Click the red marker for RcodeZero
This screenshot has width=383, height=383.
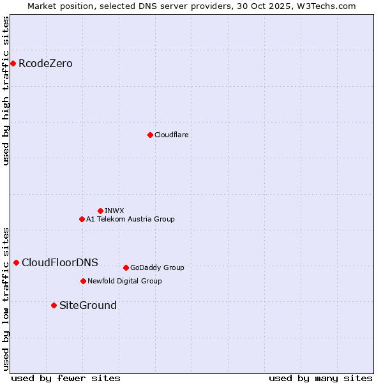coord(13,63)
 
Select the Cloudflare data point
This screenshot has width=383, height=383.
coord(150,135)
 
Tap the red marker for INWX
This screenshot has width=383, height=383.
coord(100,211)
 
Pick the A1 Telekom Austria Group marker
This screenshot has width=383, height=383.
coord(82,219)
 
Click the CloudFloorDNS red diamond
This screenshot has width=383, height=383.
coord(16,262)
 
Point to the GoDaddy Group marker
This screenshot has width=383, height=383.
coord(126,267)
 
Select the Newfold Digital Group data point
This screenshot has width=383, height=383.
coord(83,281)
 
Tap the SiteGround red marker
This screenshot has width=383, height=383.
coord(54,305)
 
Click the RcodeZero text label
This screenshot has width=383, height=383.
coord(45,64)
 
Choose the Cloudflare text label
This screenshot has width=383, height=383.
coord(171,135)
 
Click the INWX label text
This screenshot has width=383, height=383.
coord(114,211)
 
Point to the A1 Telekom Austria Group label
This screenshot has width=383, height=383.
coord(130,219)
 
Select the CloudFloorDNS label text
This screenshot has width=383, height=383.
coord(60,263)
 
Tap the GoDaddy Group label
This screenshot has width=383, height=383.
coord(157,267)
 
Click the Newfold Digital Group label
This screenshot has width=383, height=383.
coord(124,281)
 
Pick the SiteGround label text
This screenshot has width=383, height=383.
coord(88,306)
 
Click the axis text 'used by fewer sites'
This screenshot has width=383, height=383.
coord(66,378)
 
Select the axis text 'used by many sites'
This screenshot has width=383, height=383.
coord(320,378)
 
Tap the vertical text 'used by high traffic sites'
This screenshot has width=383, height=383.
coord(6,91)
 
